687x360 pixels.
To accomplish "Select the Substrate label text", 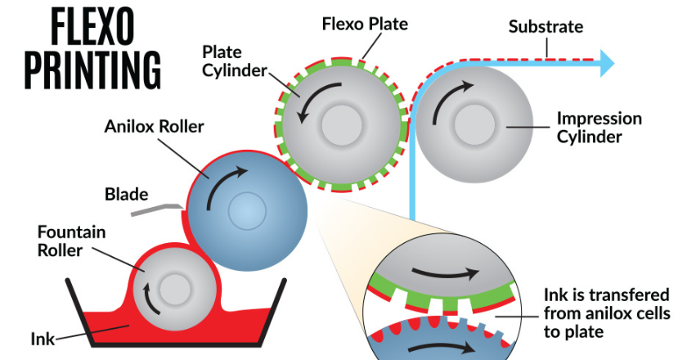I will [x=546, y=26].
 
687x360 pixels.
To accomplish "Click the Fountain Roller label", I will [x=71, y=241].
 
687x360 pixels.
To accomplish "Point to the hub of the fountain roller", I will [x=174, y=290].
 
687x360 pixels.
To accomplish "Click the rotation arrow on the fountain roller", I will [x=148, y=296].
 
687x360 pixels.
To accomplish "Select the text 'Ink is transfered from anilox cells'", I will [x=606, y=304].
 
